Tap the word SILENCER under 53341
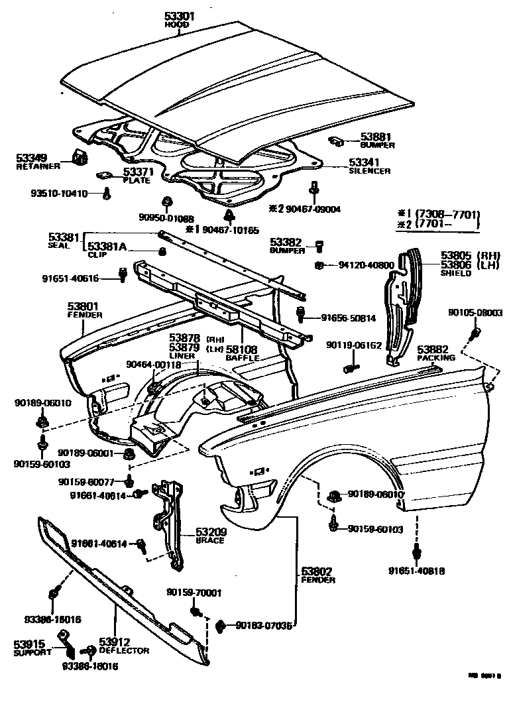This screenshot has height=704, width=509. [369, 170]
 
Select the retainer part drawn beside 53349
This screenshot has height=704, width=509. [80, 157]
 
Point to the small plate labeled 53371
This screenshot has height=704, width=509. [104, 175]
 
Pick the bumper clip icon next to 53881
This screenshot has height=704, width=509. [336, 141]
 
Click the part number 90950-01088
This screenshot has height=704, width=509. [166, 218]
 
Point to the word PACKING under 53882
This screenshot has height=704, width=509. [435, 357]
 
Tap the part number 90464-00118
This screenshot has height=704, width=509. [152, 364]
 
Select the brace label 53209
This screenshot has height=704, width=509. [210, 532]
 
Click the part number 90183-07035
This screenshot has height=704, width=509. [263, 624]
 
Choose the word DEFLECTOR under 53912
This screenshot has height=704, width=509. [124, 651]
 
